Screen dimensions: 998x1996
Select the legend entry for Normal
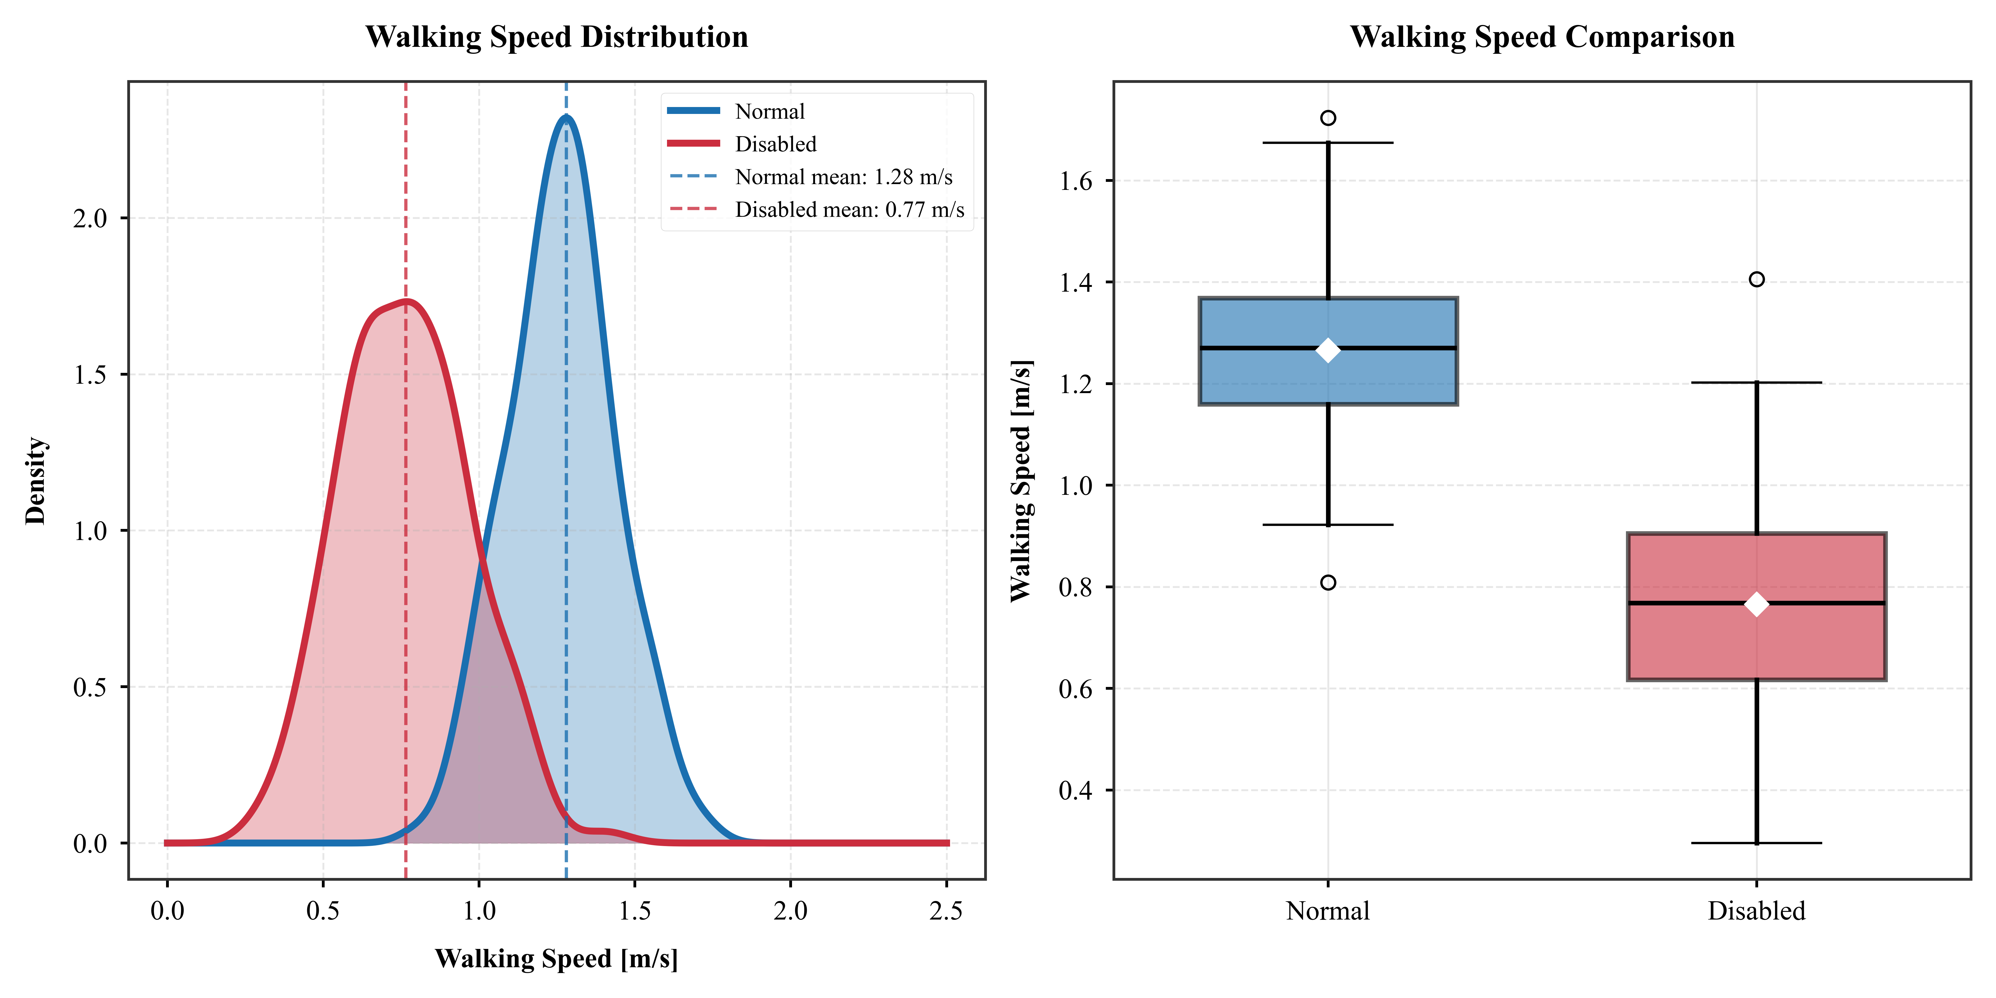tap(769, 111)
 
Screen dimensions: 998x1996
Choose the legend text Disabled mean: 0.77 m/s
tap(849, 210)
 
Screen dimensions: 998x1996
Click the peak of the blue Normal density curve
tap(566, 118)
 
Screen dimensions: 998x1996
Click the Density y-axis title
tap(35, 480)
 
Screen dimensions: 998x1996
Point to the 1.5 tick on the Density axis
tap(90, 375)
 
